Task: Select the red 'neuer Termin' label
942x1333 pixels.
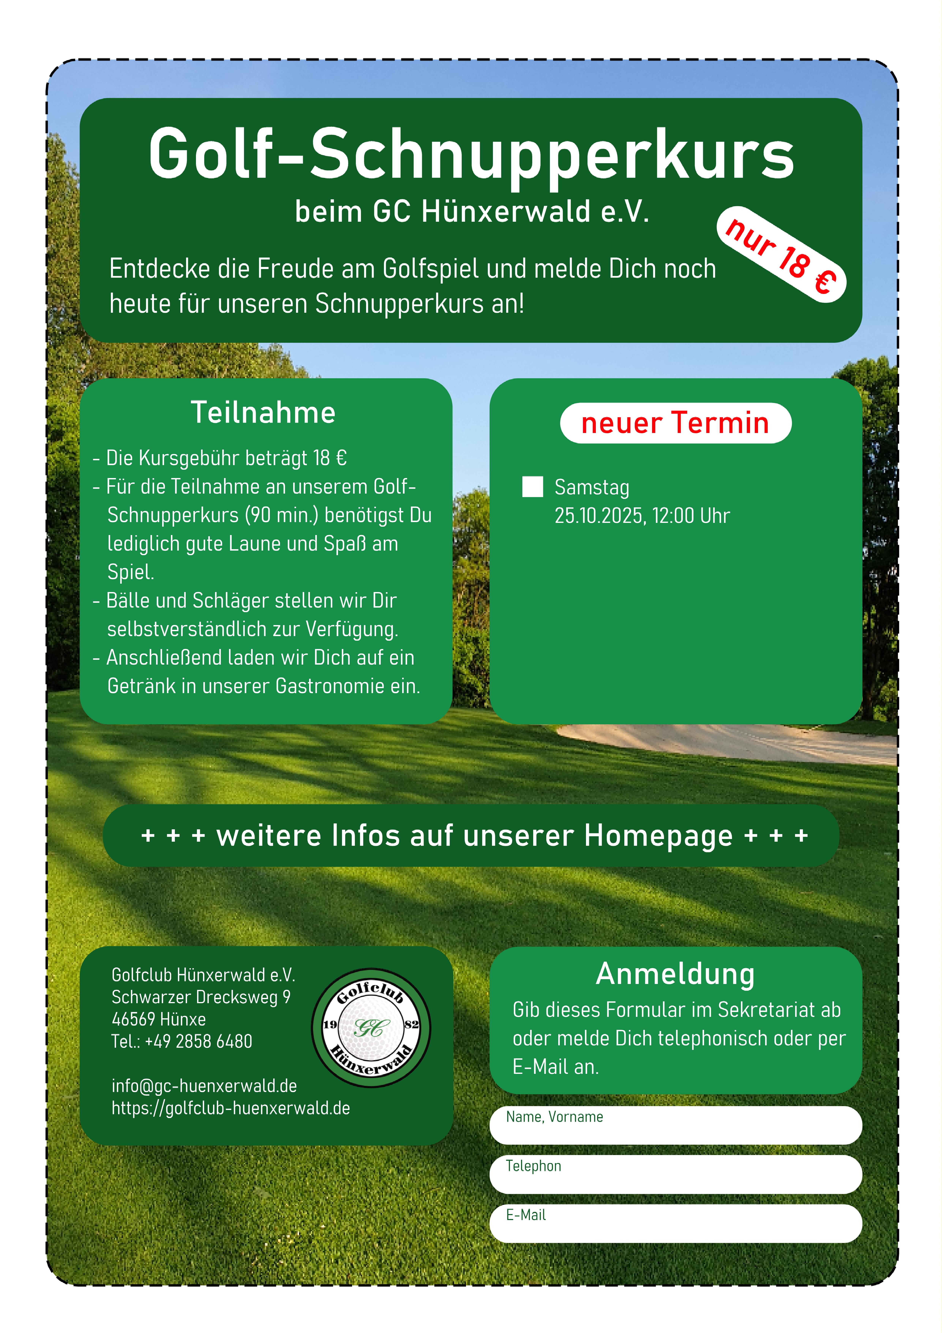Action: pos(675,423)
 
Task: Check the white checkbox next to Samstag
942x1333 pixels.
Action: pos(532,487)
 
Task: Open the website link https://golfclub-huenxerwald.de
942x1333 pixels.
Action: pos(231,1108)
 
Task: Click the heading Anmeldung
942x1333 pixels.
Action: pos(675,974)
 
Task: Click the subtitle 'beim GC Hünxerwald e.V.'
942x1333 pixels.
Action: pos(471,211)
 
